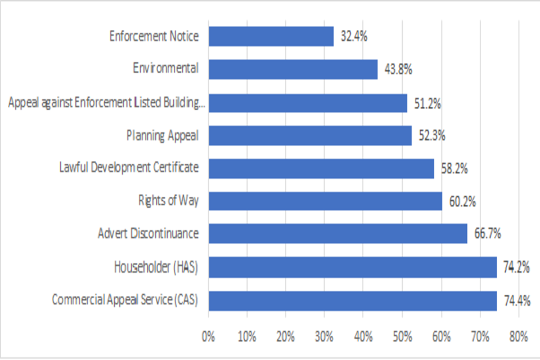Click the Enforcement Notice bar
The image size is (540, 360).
point(271,37)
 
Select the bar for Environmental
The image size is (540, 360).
point(292,69)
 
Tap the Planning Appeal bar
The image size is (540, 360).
point(309,136)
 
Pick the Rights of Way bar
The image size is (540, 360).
point(325,201)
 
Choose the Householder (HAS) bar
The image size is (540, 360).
point(352,267)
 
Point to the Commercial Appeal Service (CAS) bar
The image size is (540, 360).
point(352,300)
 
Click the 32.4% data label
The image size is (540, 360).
point(354,37)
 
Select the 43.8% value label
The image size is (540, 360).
point(398,70)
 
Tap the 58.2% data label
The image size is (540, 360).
point(454,168)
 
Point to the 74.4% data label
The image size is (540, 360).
point(517,301)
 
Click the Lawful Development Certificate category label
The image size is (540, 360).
point(129,168)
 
